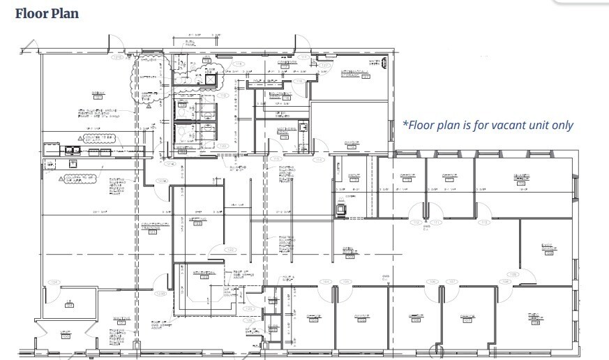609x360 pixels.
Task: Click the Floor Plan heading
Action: [47, 13]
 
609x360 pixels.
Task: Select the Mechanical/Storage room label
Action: [354, 74]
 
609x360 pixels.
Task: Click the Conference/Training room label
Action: [156, 226]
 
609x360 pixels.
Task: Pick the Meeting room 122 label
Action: [197, 222]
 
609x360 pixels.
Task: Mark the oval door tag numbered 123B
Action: [160, 293]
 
